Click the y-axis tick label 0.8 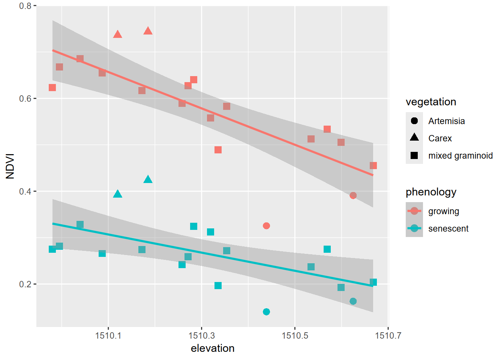pyautogui.click(x=25, y=6)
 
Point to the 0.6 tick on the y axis pyautogui.click(x=25, y=99)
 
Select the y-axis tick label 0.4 pyautogui.click(x=25, y=191)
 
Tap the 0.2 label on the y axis pyautogui.click(x=25, y=284)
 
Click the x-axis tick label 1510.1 pyautogui.click(x=108, y=335)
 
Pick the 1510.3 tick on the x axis pyautogui.click(x=201, y=335)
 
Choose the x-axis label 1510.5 pyautogui.click(x=295, y=335)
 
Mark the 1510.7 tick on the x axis pyautogui.click(x=388, y=335)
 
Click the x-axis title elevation pyautogui.click(x=213, y=348)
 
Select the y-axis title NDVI pyautogui.click(x=10, y=166)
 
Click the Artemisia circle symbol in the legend pyautogui.click(x=414, y=121)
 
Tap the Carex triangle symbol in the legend pyautogui.click(x=414, y=138)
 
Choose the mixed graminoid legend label pyautogui.click(x=460, y=156)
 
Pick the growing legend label pyautogui.click(x=444, y=211)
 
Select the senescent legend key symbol pyautogui.click(x=414, y=228)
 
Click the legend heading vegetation pyautogui.click(x=431, y=102)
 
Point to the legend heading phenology pyautogui.click(x=431, y=192)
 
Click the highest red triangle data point pyautogui.click(x=148, y=31)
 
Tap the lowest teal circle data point pyautogui.click(x=266, y=312)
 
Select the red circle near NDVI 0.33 pyautogui.click(x=266, y=226)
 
